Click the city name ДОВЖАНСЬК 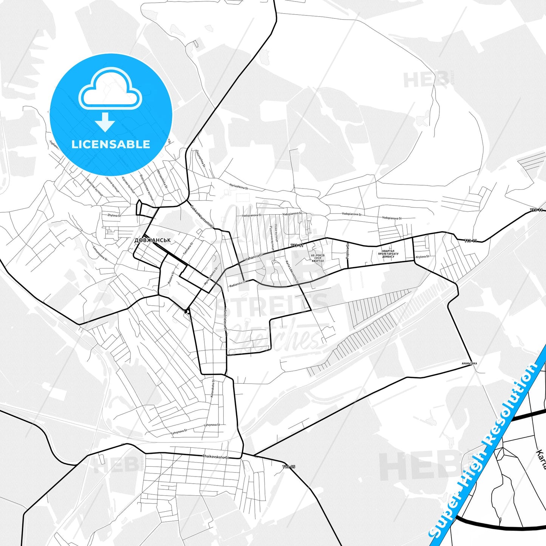[x=153, y=240]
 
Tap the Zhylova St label [x=114, y=215]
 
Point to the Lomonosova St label [x=101, y=254]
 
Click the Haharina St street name [x=253, y=258]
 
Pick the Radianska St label [x=237, y=284]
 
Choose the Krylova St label [x=422, y=257]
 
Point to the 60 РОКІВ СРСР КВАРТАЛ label [x=318, y=258]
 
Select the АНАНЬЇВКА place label [x=469, y=363]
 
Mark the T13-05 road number [x=288, y=467]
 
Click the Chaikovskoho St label [x=216, y=456]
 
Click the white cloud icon [x=110, y=90]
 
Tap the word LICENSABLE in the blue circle [x=111, y=144]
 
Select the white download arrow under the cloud [x=105, y=122]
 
